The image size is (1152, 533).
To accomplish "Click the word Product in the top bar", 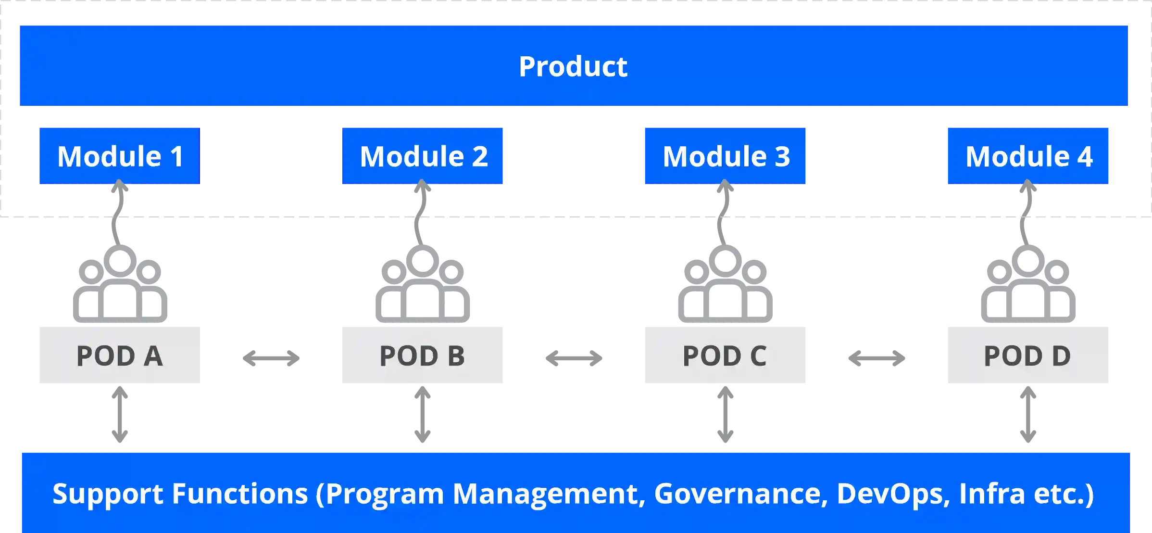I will point(573,66).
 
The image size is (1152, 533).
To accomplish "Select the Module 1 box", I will point(119,156).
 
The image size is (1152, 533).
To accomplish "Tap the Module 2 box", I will point(423,156).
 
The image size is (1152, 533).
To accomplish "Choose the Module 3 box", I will point(725,156).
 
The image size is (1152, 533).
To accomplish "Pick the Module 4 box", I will point(1028,156).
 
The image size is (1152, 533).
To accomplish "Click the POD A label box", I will point(119,355).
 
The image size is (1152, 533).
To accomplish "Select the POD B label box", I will point(423,355).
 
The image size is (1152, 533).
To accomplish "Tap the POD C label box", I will point(725,355).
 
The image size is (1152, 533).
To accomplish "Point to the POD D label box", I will point(1028,355).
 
